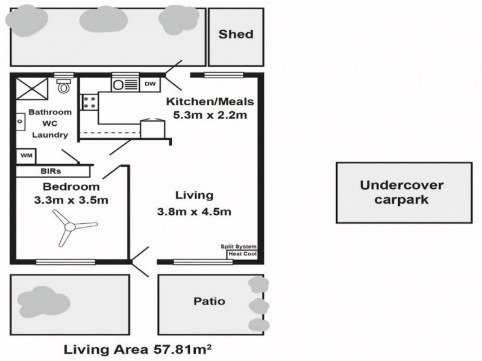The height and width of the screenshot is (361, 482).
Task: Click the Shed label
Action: pos(236,34)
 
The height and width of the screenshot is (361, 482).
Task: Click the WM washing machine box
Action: pos(26,155)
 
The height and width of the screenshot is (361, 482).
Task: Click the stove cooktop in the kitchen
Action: pos(90,102)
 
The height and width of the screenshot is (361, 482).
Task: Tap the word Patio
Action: pos(210,301)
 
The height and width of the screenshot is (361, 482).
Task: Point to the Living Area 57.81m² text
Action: pos(140,349)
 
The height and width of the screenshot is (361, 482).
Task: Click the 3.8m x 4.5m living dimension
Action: pos(194,211)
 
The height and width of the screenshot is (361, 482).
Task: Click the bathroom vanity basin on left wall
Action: pos(19,121)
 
